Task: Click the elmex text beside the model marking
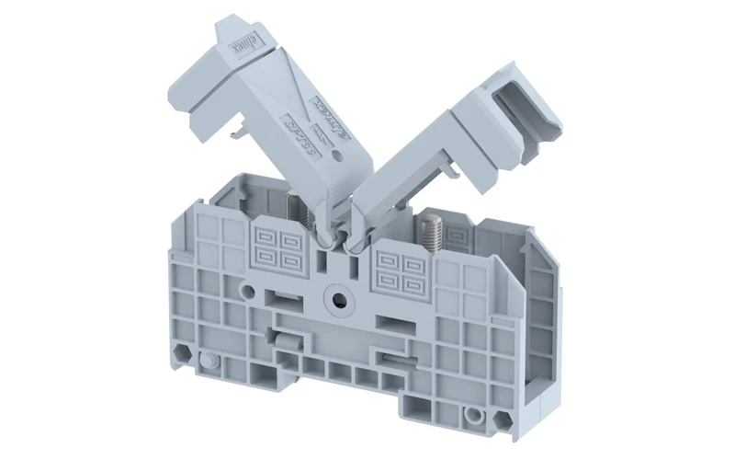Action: (x=322, y=116)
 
